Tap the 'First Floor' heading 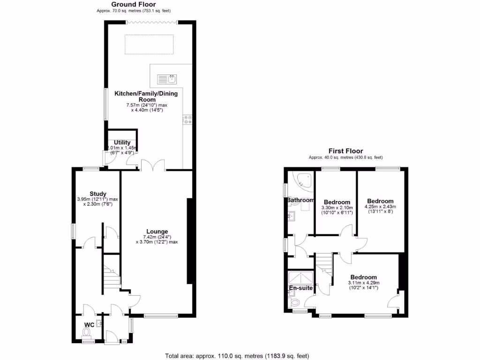345,151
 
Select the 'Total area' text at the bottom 237,355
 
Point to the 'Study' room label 98,194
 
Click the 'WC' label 89,324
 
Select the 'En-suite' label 300,288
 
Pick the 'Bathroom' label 300,200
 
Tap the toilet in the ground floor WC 86,333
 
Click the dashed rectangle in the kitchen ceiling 150,44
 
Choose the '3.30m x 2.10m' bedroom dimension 336,208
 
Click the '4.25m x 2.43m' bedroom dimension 380,207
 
